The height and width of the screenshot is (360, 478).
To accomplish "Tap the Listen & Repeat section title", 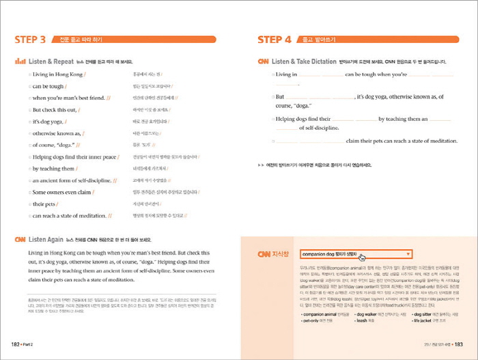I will click(x=51, y=61).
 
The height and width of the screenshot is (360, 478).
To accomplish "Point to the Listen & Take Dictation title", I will click(x=304, y=61).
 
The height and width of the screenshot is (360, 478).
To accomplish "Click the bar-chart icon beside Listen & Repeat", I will click(x=20, y=61).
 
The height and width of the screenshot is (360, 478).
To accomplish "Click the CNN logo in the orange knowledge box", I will click(x=264, y=254).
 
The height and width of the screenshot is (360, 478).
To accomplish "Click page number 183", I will click(x=458, y=345).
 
